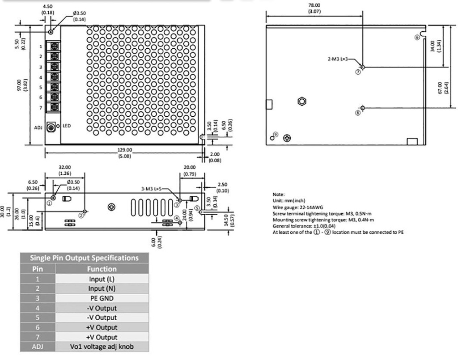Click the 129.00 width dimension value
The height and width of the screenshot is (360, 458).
point(125,150)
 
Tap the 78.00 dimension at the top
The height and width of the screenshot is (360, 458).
point(314,5)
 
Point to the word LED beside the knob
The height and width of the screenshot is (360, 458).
point(67,126)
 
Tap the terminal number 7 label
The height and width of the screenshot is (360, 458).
point(40,108)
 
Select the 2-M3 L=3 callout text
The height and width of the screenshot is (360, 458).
point(337,59)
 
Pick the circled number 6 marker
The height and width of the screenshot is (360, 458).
point(417,38)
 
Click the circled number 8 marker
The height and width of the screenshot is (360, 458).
point(357,113)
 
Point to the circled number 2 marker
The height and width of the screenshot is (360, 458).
point(81,215)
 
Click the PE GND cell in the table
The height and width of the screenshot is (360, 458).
point(102,298)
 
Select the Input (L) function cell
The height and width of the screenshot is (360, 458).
point(102,279)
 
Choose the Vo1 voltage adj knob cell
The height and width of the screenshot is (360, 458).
point(102,347)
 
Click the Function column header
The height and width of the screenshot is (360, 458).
point(102,269)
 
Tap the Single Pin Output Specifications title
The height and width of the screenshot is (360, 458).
point(84,258)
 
